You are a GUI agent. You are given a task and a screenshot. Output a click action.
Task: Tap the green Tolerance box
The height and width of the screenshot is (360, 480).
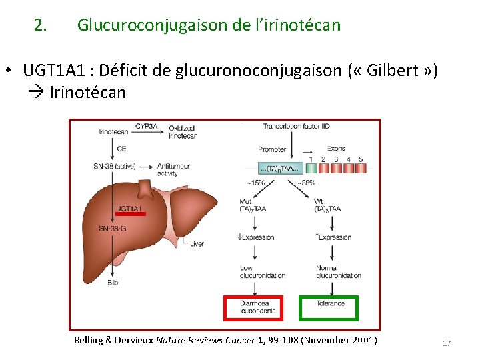click(329, 307)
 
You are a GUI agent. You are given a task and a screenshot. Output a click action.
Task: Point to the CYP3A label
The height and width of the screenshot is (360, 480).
click(147, 126)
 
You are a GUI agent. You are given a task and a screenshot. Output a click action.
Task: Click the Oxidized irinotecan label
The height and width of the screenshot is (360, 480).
click(183, 131)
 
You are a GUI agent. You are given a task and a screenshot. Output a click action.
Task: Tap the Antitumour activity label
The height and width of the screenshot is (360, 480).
click(174, 169)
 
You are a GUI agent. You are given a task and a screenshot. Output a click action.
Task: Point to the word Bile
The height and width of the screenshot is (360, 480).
click(113, 283)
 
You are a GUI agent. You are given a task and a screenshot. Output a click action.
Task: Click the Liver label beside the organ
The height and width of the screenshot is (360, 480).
click(197, 244)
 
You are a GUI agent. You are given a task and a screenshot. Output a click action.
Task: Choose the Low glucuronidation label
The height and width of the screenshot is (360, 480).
click(262, 271)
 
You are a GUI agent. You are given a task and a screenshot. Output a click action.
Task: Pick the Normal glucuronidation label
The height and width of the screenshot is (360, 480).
click(338, 271)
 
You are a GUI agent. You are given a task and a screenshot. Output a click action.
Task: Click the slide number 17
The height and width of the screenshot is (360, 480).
click(447, 343)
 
